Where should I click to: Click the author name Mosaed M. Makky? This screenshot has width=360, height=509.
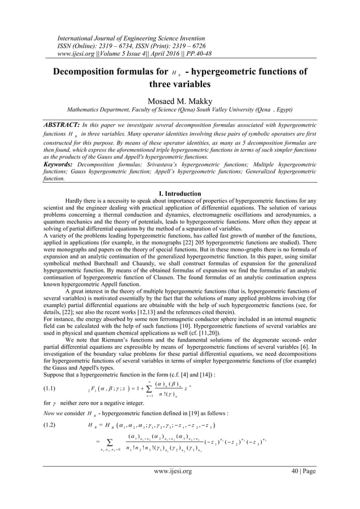[179, 99]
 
